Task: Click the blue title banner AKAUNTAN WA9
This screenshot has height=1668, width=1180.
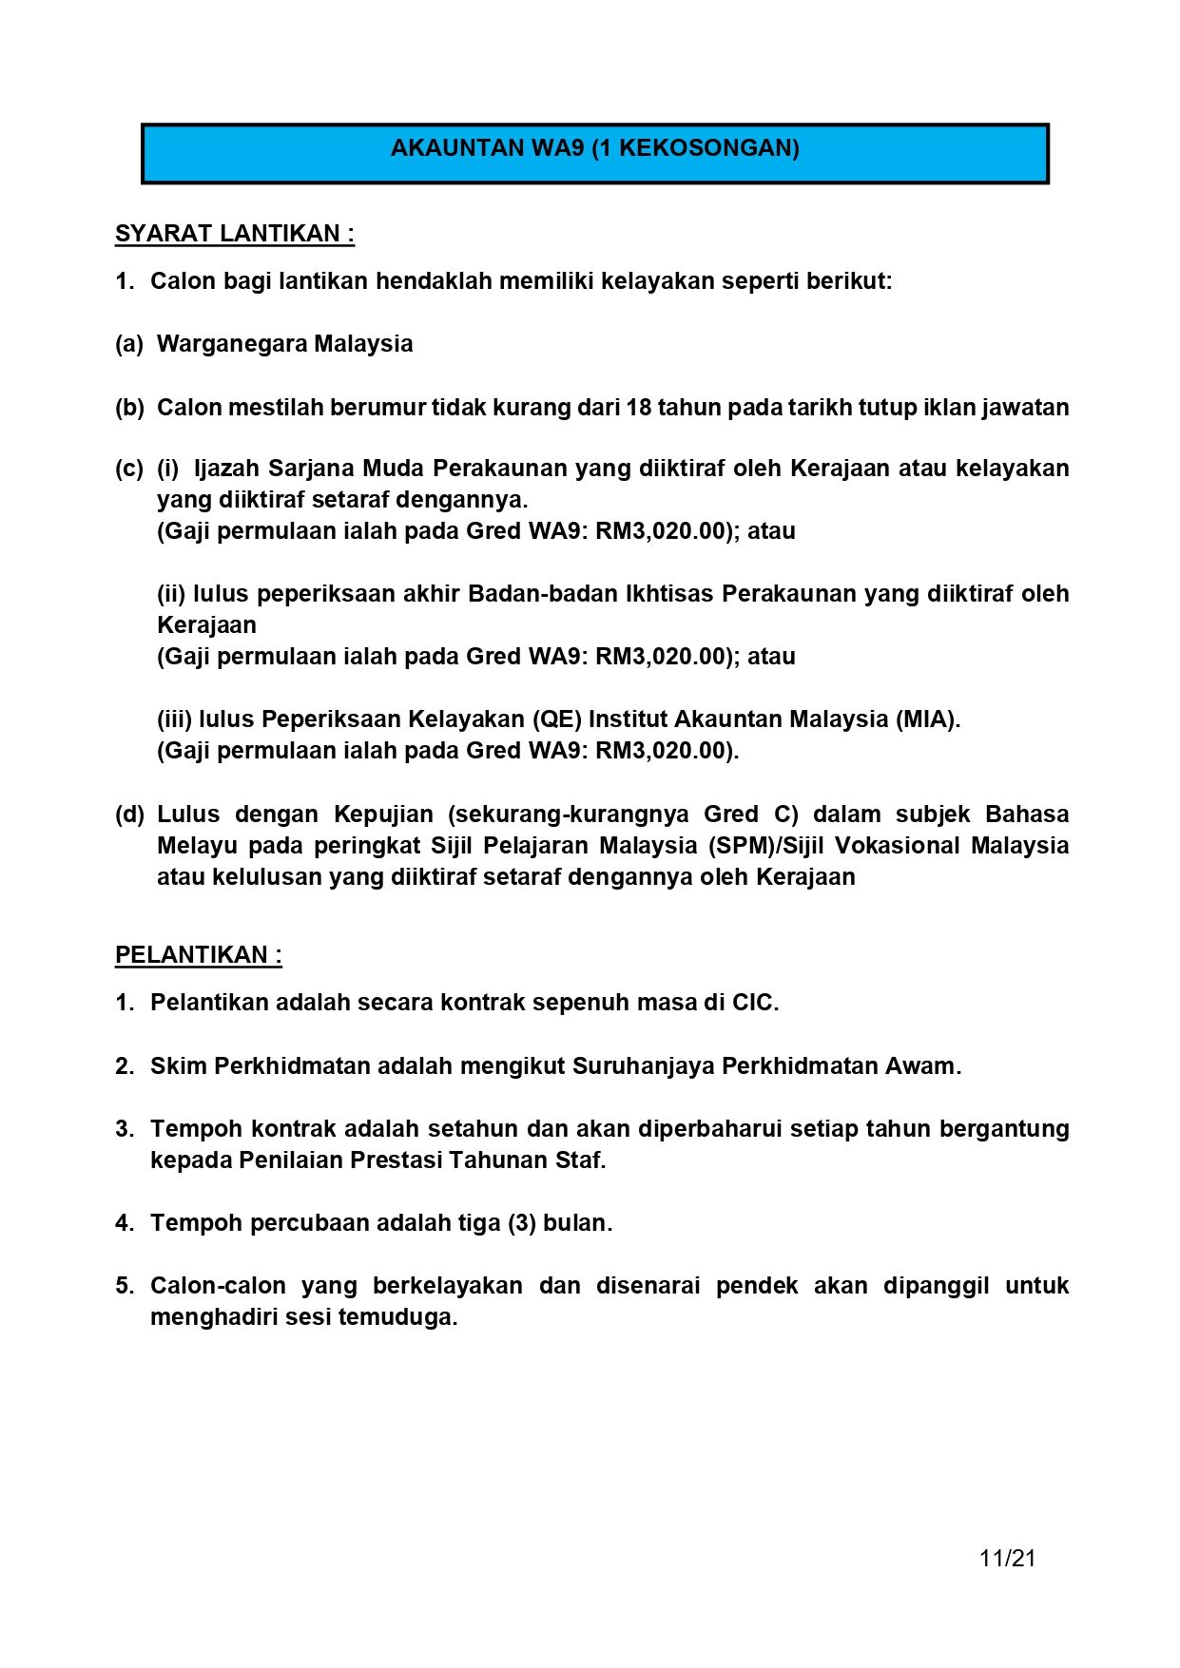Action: pyautogui.click(x=594, y=152)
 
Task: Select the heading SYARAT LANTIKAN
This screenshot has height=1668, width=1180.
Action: pyautogui.click(x=234, y=234)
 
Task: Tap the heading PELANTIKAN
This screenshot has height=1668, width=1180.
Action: pyautogui.click(x=198, y=955)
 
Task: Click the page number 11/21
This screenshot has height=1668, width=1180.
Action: pyautogui.click(x=1007, y=1558)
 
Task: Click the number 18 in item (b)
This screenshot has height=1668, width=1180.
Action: pyautogui.click(x=638, y=408)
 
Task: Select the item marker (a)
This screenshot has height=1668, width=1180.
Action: pyautogui.click(x=128, y=344)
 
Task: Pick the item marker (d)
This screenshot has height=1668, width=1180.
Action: pyautogui.click(x=129, y=815)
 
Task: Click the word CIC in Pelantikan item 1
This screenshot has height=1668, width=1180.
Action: pyautogui.click(x=755, y=1003)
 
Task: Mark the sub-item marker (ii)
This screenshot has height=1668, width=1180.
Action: pyautogui.click(x=171, y=594)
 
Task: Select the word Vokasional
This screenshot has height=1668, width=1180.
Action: pyautogui.click(x=897, y=846)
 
